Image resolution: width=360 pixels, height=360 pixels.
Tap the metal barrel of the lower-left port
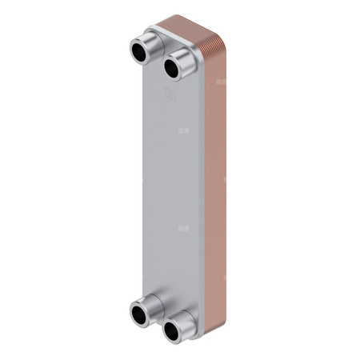(152, 303)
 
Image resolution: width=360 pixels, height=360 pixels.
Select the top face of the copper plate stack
(192, 32)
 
